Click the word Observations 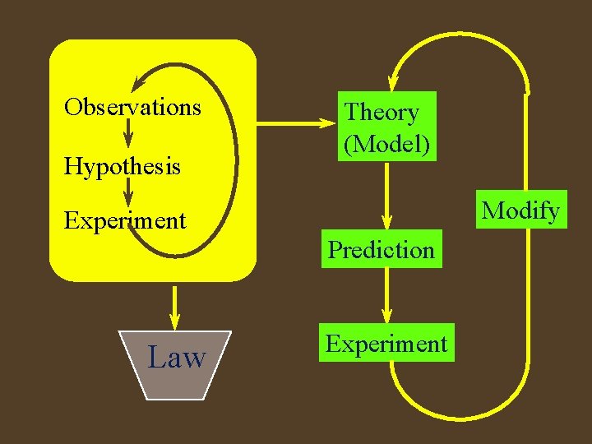click(x=132, y=107)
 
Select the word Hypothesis click(x=123, y=167)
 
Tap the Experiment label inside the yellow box click(x=125, y=220)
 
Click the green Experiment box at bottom click(x=386, y=344)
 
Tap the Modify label click(x=521, y=210)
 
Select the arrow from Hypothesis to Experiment click(x=127, y=192)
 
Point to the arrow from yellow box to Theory click(x=296, y=124)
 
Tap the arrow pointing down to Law click(x=174, y=306)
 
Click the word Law click(x=176, y=358)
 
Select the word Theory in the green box click(x=382, y=113)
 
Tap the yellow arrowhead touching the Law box click(x=174, y=322)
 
